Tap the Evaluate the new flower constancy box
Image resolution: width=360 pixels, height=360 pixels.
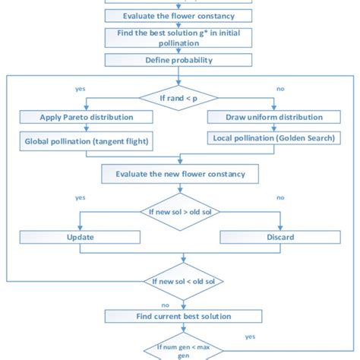pyautogui.click(x=180, y=174)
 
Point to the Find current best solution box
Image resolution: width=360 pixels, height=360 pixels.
pyautogui.click(x=180, y=315)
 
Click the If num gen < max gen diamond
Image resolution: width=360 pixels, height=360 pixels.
pyautogui.click(x=180, y=350)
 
